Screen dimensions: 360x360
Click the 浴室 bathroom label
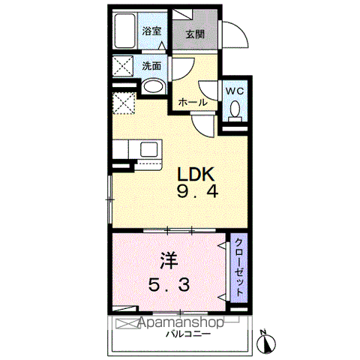click(151, 31)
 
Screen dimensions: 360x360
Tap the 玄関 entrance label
click(195, 34)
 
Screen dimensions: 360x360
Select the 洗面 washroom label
click(151, 66)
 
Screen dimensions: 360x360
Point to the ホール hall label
click(193, 101)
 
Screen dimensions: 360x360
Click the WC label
click(235, 91)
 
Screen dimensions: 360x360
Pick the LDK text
click(197, 172)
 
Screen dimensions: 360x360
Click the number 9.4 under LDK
click(197, 193)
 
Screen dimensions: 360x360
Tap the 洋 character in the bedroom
click(168, 262)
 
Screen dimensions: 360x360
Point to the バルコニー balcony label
click(187, 334)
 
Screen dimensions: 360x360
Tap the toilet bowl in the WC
click(235, 112)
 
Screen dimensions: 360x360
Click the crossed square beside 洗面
click(124, 66)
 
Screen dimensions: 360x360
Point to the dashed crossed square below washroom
click(124, 100)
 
